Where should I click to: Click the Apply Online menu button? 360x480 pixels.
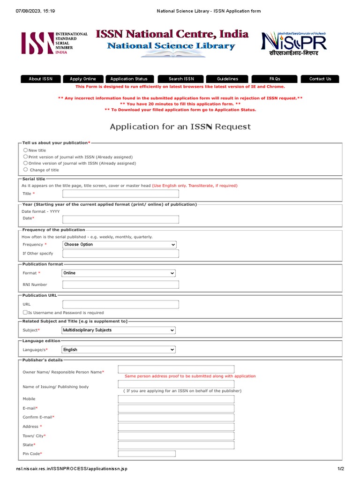click(82, 79)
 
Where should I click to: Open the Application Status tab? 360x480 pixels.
click(129, 79)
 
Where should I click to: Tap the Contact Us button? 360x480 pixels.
click(320, 79)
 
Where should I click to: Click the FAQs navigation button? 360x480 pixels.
click(274, 79)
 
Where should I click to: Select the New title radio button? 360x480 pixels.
click(25, 150)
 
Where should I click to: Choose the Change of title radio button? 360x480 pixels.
click(25, 170)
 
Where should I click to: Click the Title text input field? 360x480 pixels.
click(120, 194)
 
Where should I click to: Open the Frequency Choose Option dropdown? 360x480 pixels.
click(119, 245)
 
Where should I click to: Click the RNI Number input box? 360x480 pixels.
click(120, 285)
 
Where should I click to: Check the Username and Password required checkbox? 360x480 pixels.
click(25, 312)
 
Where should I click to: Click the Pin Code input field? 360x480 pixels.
click(147, 454)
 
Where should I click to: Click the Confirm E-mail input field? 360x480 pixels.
click(176, 417)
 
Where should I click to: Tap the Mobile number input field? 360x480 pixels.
click(176, 399)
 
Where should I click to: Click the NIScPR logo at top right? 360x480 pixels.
click(293, 43)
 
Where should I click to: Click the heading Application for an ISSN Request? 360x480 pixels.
click(180, 127)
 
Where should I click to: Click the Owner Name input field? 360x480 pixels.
click(176, 369)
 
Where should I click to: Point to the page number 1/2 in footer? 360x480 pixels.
click(341, 469)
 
